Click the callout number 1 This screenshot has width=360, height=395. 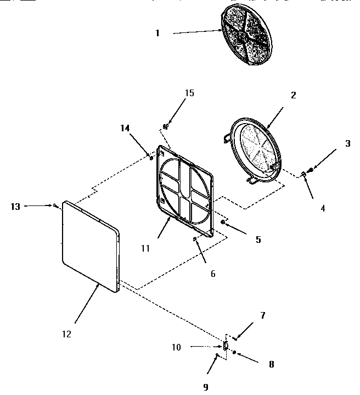click(157, 34)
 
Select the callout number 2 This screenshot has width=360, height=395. click(293, 95)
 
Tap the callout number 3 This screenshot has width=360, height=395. click(347, 144)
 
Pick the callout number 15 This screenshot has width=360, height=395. click(189, 93)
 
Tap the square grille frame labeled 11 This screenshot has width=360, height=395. click(185, 190)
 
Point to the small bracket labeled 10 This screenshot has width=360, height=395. click(225, 346)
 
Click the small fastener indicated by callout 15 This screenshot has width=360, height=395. click(165, 126)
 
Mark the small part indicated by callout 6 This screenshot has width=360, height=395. click(195, 239)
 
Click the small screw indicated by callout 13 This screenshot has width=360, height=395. click(56, 206)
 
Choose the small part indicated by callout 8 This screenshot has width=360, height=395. click(234, 352)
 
